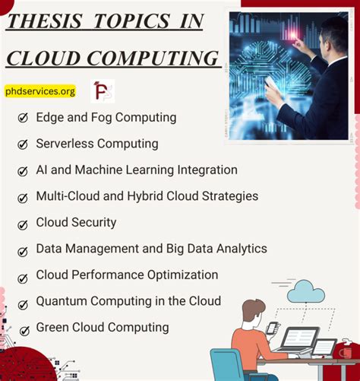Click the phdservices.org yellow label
(40, 91)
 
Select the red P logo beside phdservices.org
(102, 91)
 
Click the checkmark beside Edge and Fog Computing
(22, 118)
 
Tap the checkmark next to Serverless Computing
(22, 144)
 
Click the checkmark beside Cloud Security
(22, 224)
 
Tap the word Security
(94, 222)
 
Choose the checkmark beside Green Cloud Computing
(22, 329)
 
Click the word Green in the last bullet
(52, 327)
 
